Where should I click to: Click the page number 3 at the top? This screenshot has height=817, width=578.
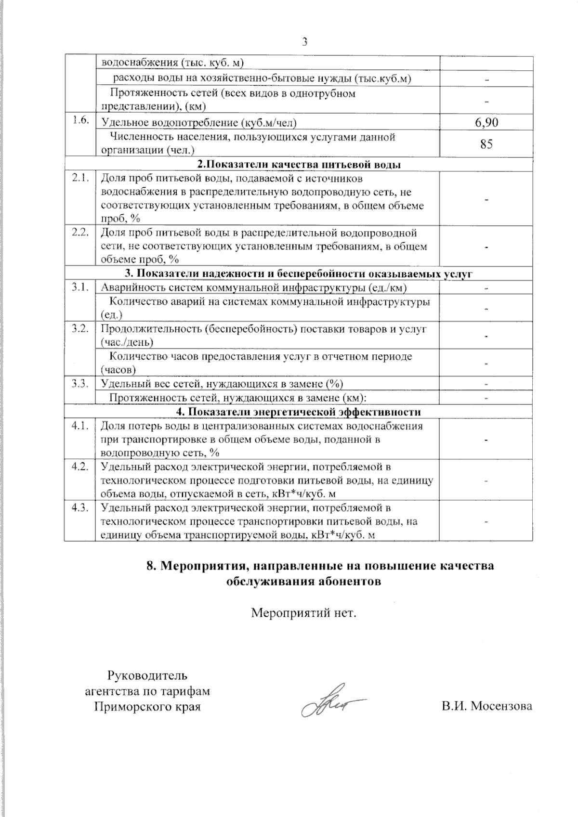tap(304, 41)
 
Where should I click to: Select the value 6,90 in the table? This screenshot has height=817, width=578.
tap(486, 123)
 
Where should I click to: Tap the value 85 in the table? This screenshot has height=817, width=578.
tap(486, 144)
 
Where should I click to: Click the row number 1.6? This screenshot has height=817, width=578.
tap(80, 121)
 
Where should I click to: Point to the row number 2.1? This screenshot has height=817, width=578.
tap(80, 179)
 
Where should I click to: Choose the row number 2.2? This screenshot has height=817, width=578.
tap(80, 233)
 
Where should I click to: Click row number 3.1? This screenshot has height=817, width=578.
tap(80, 287)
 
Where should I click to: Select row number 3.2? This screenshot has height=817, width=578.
tap(80, 329)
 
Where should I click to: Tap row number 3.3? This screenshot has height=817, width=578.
tap(80, 384)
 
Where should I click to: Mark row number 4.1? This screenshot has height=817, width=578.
tap(80, 426)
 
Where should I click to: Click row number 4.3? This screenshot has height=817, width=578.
tap(80, 507)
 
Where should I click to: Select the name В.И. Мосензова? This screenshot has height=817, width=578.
tap(486, 706)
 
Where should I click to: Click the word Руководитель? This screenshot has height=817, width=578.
tap(148, 676)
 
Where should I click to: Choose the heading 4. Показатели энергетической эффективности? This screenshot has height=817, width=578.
tap(299, 412)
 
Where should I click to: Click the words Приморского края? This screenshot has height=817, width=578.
tap(147, 707)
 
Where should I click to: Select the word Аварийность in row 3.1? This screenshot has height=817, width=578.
tap(127, 288)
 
